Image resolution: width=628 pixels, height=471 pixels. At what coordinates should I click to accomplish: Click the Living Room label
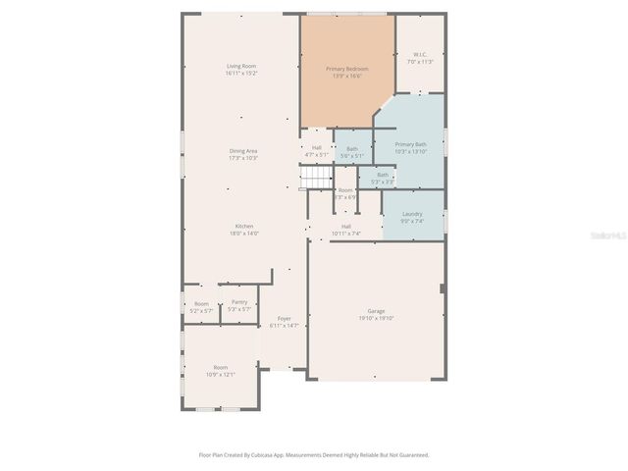(x=241, y=69)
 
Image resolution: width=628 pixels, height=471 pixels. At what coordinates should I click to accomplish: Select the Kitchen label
(x=243, y=230)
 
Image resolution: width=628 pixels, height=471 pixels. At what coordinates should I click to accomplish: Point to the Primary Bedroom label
(x=347, y=73)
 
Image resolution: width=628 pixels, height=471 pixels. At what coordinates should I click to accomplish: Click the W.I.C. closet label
(x=419, y=58)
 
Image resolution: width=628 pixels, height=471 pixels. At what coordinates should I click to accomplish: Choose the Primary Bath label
(x=410, y=147)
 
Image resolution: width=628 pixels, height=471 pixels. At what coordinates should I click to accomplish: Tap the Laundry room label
(x=412, y=217)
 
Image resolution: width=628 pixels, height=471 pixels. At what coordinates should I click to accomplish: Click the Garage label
(x=376, y=314)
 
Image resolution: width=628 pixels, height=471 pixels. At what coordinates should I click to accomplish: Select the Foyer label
(x=284, y=322)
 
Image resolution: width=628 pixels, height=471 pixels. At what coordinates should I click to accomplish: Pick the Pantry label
(x=239, y=305)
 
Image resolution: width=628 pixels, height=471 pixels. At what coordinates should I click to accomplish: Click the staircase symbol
(x=316, y=177)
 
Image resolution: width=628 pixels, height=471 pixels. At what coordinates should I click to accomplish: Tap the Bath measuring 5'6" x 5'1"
(x=351, y=152)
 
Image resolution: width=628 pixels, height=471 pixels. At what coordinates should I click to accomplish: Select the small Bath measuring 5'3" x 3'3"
(x=383, y=178)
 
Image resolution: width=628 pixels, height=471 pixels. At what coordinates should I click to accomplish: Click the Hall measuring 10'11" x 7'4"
(x=346, y=230)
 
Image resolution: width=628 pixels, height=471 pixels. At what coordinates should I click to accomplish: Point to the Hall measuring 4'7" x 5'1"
(x=316, y=151)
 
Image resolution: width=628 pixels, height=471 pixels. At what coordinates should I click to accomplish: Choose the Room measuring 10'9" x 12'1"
(x=221, y=370)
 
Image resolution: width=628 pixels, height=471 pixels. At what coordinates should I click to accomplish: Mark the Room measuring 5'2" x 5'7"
(x=201, y=307)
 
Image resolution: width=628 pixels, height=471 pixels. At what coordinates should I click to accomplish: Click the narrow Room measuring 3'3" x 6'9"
(x=345, y=193)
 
